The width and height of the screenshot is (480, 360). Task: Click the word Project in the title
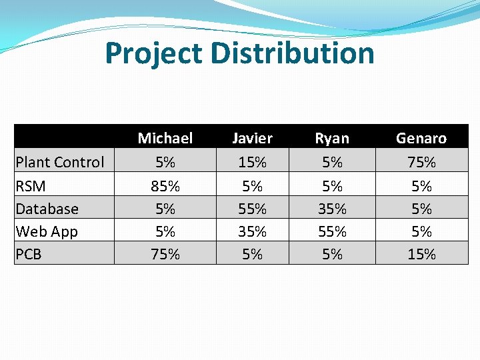pos(153,53)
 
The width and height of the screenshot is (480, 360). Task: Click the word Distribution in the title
pos(293,53)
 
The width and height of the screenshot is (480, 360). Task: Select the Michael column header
pos(165,138)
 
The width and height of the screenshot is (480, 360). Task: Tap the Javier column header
pos(252,138)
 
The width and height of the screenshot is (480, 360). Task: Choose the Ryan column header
pos(332,138)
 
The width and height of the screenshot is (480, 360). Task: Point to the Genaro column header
pos(421,138)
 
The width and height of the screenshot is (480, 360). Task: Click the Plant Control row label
pos(60,162)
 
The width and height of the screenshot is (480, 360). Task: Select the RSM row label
pos(31,186)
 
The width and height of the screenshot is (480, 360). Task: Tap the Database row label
pos(47,209)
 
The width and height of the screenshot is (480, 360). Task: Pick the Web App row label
pos(47,231)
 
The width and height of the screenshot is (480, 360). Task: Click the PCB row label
pos(29,254)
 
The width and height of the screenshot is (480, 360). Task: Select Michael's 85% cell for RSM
pos(165,186)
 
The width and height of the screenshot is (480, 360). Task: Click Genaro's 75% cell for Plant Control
pos(421,162)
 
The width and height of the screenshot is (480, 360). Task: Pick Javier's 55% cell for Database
pos(252,209)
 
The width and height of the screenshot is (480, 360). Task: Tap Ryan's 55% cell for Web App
pos(332,231)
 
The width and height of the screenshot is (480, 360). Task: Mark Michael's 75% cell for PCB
pos(165,254)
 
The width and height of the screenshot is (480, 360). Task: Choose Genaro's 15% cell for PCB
pos(421,254)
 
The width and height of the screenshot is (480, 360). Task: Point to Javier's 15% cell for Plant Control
pos(252,162)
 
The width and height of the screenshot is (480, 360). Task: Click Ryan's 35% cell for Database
pos(332,209)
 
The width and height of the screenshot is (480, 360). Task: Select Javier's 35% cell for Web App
pos(252,231)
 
